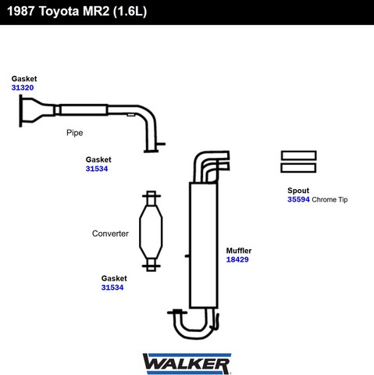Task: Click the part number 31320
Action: tap(23, 87)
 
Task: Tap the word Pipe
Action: tap(75, 133)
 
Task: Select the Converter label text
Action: tap(110, 234)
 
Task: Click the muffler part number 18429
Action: tap(237, 259)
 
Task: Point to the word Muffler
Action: tap(239, 251)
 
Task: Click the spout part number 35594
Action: tap(298, 199)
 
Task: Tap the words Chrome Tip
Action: tap(329, 200)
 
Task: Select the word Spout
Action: tap(298, 191)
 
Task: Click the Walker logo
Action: tap(187, 363)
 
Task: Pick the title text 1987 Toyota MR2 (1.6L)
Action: tap(77, 12)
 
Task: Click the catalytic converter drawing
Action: tap(151, 231)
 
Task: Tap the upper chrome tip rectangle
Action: tap(298, 155)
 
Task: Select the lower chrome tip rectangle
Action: tap(298, 168)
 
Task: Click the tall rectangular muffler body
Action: tap(204, 245)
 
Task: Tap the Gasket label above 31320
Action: tap(24, 79)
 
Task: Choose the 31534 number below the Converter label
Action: tap(112, 287)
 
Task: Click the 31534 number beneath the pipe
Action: tap(97, 169)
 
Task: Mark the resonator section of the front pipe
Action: tap(84, 110)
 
